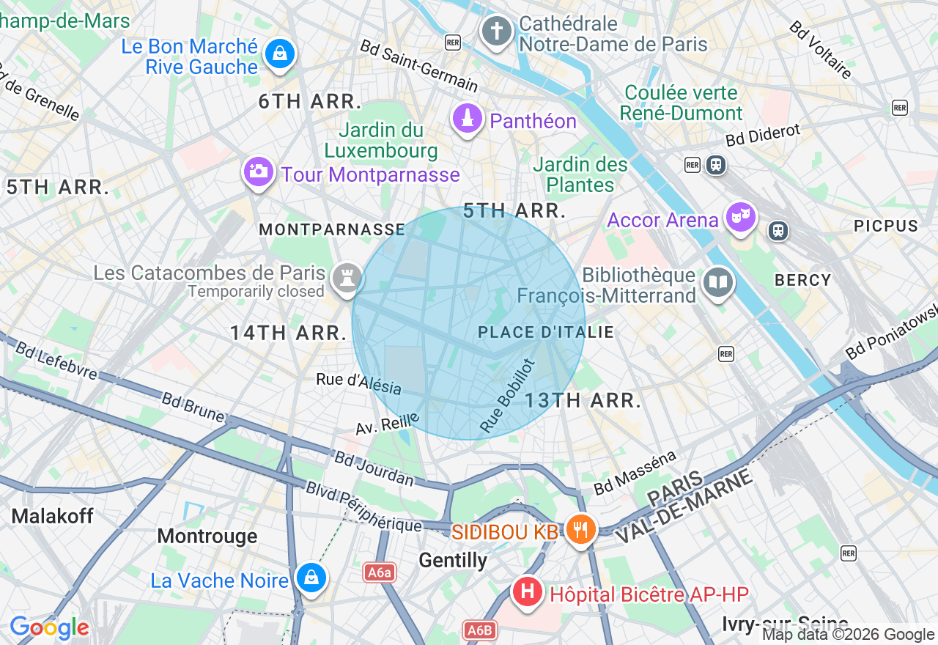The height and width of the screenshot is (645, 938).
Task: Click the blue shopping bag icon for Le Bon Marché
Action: [x=279, y=54]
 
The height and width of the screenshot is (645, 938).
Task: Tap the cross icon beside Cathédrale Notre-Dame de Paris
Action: [x=496, y=31]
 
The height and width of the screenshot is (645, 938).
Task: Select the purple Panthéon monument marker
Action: [x=468, y=117]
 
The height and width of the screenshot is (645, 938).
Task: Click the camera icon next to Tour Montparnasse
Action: [x=258, y=172]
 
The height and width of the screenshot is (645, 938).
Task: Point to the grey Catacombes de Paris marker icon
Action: [x=346, y=278]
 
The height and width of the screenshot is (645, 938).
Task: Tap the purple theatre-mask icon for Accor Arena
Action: [x=740, y=216]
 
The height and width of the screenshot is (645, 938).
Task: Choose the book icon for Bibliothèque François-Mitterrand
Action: [x=718, y=282]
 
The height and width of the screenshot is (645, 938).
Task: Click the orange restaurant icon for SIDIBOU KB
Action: [x=581, y=529]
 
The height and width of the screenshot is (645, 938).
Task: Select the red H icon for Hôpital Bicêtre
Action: [x=527, y=591]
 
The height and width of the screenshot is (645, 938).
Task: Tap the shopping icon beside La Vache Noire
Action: [x=311, y=578]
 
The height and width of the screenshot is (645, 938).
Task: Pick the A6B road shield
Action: [x=480, y=630]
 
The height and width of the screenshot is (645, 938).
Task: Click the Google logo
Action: [x=49, y=628]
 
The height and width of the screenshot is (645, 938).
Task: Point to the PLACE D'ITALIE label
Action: [x=545, y=333]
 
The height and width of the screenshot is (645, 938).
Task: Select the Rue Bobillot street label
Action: [x=507, y=394]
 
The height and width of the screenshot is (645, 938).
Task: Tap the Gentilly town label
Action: [x=453, y=561]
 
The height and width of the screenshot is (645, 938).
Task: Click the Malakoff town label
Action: [x=53, y=516]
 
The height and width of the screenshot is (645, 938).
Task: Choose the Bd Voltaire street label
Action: [x=821, y=49]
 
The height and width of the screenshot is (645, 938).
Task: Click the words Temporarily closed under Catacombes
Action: [x=256, y=292]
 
